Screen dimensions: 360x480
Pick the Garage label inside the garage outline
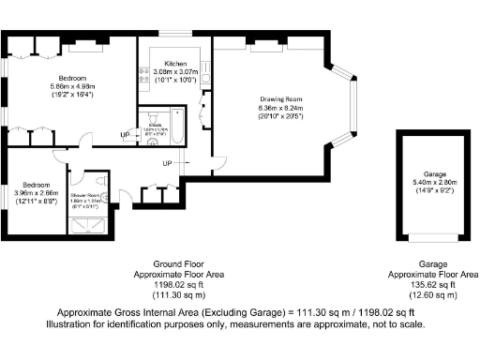(433, 174)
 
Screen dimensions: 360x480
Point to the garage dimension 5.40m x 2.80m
(433, 183)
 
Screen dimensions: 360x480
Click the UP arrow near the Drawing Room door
(167, 164)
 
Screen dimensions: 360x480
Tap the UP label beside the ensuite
(125, 135)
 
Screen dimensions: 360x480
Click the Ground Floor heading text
(178, 265)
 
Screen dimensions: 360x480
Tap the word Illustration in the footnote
(72, 324)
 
